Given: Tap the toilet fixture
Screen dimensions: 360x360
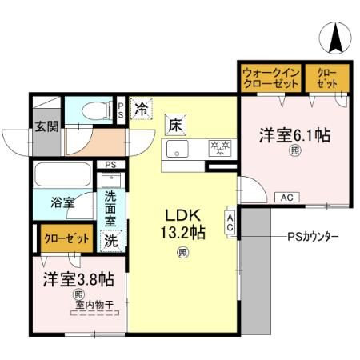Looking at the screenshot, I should [x=99, y=109].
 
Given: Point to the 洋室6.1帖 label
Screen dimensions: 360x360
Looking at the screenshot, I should [x=294, y=135].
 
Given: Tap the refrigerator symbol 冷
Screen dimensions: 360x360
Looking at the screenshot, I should [x=142, y=107].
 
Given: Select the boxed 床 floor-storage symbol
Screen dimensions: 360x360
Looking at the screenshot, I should [x=174, y=125].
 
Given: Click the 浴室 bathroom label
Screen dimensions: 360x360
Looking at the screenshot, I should [x=62, y=202].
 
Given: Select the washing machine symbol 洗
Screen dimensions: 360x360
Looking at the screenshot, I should [x=110, y=238].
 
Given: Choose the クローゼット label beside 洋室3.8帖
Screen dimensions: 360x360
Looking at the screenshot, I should [x=62, y=238].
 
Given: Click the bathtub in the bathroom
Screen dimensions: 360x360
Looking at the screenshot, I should [x=63, y=175].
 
